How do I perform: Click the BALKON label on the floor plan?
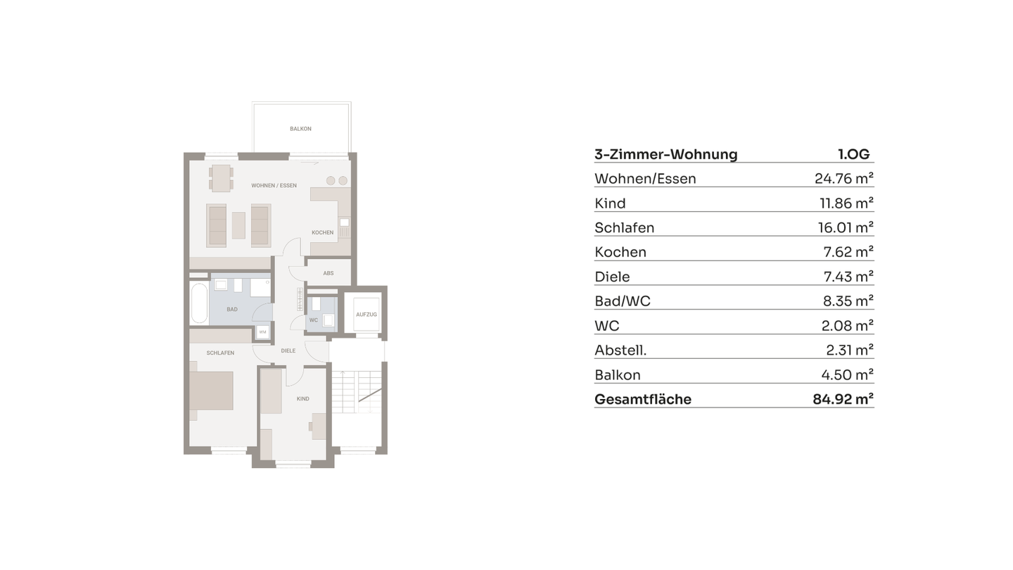pyautogui.click(x=300, y=129)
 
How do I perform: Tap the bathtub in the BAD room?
pyautogui.click(x=199, y=303)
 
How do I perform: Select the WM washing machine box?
pyautogui.click(x=262, y=331)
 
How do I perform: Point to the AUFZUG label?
pyautogui.click(x=367, y=315)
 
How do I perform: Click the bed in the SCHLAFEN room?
pyautogui.click(x=211, y=391)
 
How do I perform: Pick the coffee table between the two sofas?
pyautogui.click(x=238, y=225)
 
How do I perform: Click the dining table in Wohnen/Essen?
pyautogui.click(x=221, y=178)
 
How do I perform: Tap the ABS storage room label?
pyautogui.click(x=329, y=273)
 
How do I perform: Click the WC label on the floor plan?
pyautogui.click(x=314, y=320)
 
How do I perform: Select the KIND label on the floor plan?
pyautogui.click(x=302, y=399)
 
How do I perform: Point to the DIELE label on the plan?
pyautogui.click(x=288, y=350)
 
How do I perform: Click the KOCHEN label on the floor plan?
pyautogui.click(x=323, y=232)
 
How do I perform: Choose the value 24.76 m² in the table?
pyautogui.click(x=843, y=179)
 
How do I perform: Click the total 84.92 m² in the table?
pyautogui.click(x=843, y=400)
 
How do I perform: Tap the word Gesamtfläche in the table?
pyautogui.click(x=643, y=400)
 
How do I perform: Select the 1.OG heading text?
pyautogui.click(x=853, y=155)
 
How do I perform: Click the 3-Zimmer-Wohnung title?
pyautogui.click(x=666, y=155)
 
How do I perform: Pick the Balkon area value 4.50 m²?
pyautogui.click(x=849, y=375)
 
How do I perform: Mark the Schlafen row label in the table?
pyautogui.click(x=625, y=228)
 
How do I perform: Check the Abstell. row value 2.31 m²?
pyautogui.click(x=849, y=350)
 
